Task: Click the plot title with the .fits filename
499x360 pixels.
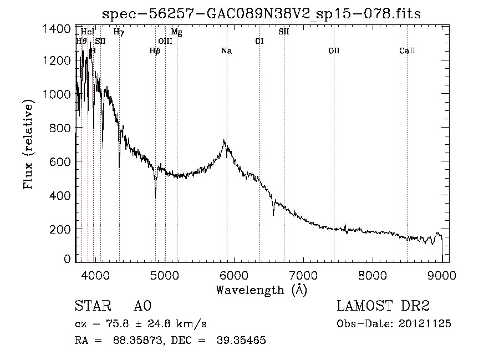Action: (262, 14)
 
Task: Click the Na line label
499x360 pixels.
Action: (226, 51)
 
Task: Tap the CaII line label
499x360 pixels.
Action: (407, 51)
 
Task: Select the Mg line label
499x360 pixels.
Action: (176, 32)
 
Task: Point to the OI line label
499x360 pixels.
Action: (259, 41)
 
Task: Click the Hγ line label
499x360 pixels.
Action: (119, 32)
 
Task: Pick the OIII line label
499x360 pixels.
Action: (165, 41)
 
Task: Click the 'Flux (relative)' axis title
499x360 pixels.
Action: (28, 144)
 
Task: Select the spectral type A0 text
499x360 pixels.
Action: (142, 306)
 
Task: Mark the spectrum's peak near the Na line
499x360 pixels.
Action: (223, 141)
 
